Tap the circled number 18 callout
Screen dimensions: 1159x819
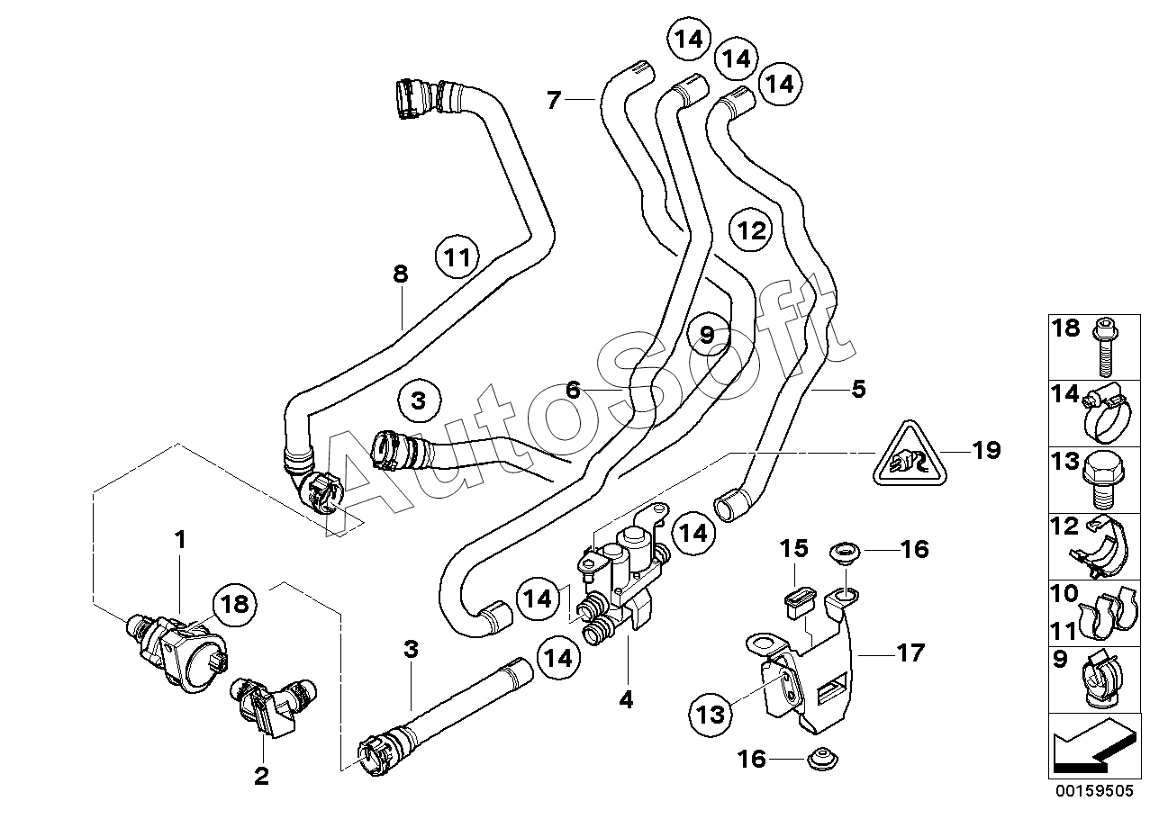tap(235, 605)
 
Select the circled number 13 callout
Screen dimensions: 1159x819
tap(711, 715)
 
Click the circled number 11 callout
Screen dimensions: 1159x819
tap(457, 256)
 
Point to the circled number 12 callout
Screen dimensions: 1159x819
tap(751, 229)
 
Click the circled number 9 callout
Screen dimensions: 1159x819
tap(708, 335)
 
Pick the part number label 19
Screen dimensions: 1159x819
tap(987, 450)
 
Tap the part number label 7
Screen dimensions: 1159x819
tap(554, 100)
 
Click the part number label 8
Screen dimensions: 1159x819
tap(401, 274)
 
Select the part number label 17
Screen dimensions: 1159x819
tap(910, 653)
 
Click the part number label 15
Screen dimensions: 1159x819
tap(794, 549)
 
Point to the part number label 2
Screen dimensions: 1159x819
tap(262, 776)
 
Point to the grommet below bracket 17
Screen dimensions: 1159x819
tap(822, 760)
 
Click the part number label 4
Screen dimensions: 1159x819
tap(626, 700)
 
